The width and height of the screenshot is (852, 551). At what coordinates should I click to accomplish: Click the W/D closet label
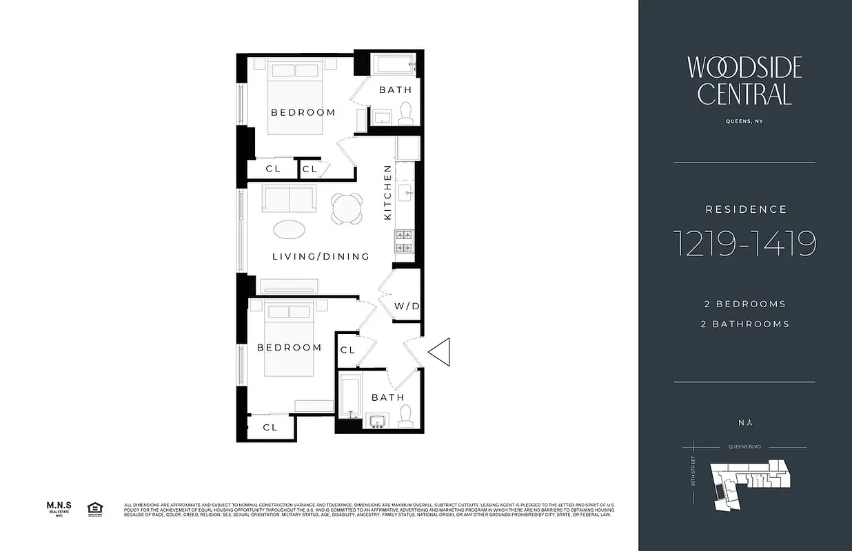[406, 306]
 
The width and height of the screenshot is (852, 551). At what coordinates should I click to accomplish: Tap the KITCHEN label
[387, 192]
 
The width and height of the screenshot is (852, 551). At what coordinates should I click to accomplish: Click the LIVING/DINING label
[321, 256]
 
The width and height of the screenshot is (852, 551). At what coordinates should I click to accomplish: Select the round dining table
[347, 207]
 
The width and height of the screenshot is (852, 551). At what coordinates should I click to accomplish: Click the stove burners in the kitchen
[403, 242]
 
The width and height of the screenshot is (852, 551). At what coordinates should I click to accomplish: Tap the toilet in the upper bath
[406, 114]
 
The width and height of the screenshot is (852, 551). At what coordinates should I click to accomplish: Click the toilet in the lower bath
[406, 415]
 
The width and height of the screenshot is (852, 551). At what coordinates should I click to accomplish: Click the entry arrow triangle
[439, 351]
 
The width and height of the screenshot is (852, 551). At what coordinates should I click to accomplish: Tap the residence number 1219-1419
[744, 244]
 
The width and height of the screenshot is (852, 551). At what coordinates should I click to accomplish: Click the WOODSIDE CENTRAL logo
[744, 81]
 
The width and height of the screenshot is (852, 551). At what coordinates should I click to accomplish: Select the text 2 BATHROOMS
[744, 324]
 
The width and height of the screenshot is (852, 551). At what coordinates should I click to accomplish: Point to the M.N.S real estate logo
[59, 508]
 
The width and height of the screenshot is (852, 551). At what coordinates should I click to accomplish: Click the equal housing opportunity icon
[94, 509]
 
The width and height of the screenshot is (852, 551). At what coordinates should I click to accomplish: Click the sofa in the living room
[289, 200]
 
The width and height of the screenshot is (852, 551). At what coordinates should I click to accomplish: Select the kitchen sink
[405, 192]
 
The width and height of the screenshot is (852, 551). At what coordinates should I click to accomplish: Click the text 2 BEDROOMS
[744, 304]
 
